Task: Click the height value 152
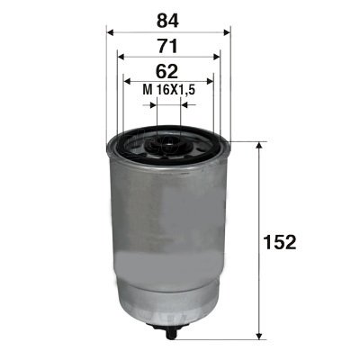point(281,241)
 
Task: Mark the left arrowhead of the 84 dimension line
point(111,30)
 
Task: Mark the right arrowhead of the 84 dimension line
point(227,30)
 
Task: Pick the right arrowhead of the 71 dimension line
point(217,57)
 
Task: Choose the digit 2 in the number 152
point(291,241)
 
